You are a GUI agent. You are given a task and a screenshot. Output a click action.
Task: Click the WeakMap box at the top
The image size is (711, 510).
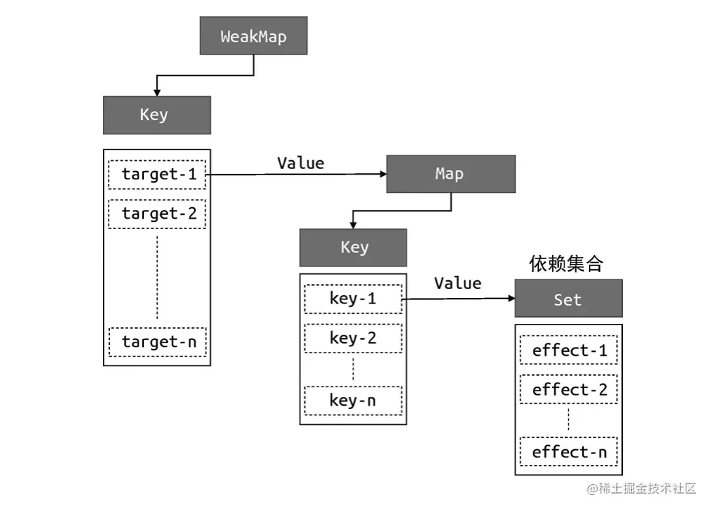[x=253, y=36]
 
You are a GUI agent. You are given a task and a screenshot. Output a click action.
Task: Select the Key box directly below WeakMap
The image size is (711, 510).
[x=156, y=115]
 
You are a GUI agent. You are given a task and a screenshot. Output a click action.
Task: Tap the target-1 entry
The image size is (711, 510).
[x=157, y=175]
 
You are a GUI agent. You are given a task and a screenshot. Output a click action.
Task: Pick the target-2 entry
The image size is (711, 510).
[x=157, y=214]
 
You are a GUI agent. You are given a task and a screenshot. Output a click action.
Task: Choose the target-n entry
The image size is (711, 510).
[x=157, y=342]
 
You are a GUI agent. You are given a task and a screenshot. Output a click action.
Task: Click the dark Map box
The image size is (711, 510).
[x=450, y=174]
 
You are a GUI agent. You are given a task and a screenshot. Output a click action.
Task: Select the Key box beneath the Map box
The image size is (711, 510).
[x=353, y=247]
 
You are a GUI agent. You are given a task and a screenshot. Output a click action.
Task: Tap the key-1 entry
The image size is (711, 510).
[x=353, y=299]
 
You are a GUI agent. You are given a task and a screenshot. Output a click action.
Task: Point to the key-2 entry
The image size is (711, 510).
[x=353, y=338]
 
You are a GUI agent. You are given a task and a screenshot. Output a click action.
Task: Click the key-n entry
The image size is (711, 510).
[x=353, y=400]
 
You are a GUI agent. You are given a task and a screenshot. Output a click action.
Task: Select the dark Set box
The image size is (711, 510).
[x=568, y=299]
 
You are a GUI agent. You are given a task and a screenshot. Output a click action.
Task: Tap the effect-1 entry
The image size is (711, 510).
[x=568, y=351]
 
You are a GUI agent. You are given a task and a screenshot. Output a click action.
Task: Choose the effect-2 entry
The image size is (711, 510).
[x=568, y=391]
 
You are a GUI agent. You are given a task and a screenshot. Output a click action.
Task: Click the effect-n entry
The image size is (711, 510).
[x=568, y=452]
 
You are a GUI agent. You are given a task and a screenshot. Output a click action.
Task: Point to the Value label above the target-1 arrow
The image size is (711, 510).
[x=300, y=163]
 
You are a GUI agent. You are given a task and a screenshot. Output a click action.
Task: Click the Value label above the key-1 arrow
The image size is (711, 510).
[x=458, y=283]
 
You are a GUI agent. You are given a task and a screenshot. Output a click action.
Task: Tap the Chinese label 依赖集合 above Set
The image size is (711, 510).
[x=566, y=265]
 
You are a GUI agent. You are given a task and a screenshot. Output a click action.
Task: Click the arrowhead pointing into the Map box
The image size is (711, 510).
[x=381, y=175]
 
